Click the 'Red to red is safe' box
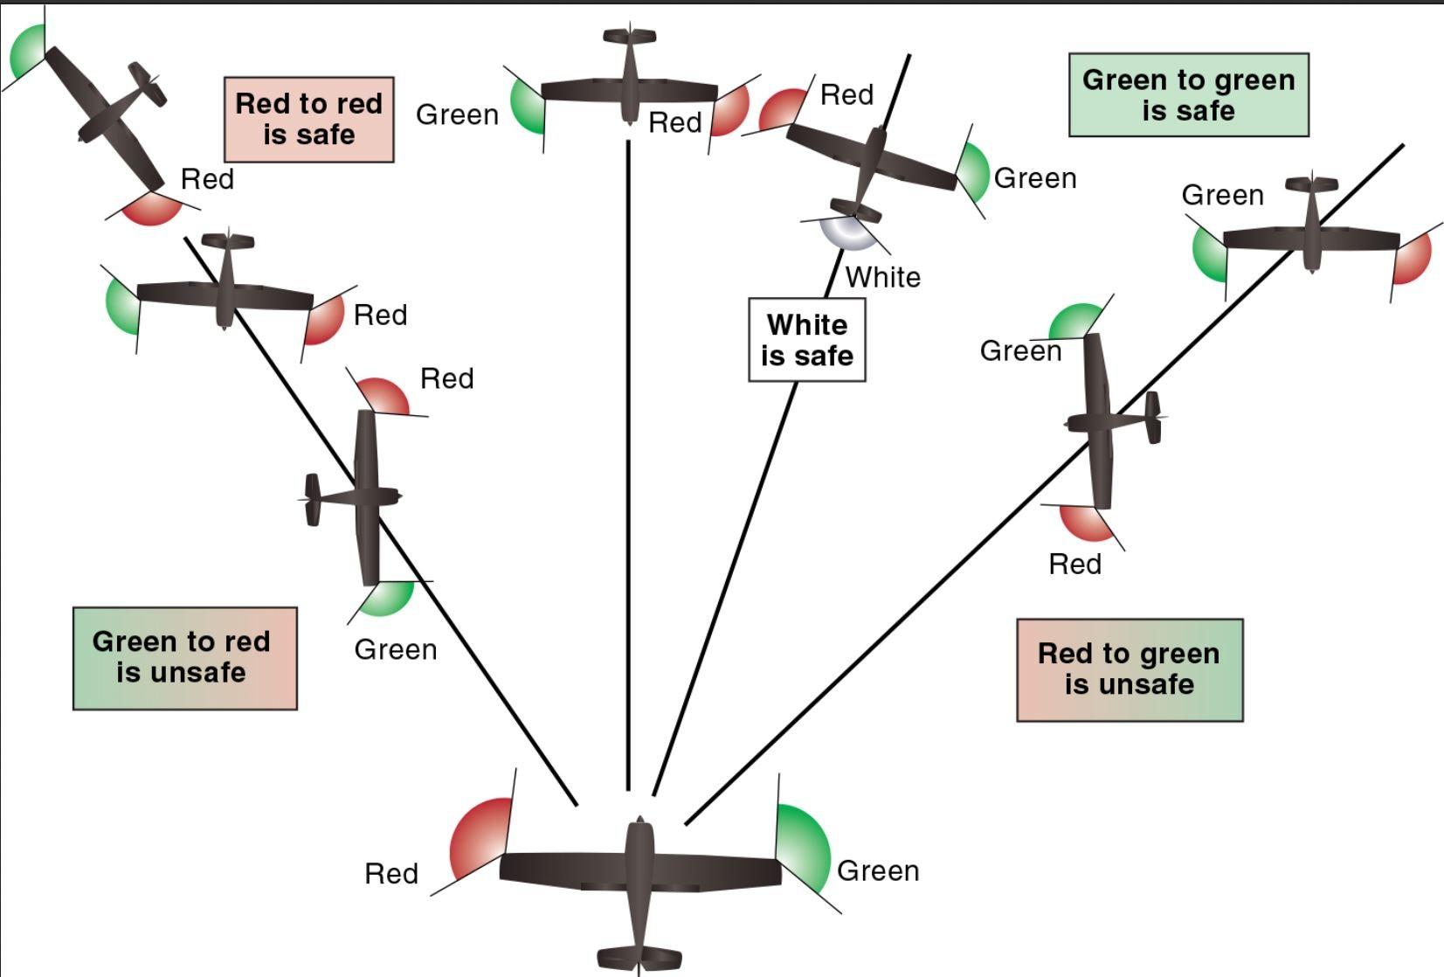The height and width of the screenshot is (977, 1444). pos(309,120)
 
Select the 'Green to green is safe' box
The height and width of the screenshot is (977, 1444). pos(1188,95)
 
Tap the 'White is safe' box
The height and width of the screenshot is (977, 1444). pos(807,340)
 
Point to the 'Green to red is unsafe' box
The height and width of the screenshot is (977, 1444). pos(185,658)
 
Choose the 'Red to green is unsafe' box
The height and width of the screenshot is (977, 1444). pos(1130,670)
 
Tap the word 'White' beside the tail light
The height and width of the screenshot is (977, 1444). pos(883,277)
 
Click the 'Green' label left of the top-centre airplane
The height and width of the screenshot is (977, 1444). pos(457,114)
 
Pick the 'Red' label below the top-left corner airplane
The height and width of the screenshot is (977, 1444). pos(207,179)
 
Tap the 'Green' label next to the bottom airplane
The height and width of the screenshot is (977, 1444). pos(878,870)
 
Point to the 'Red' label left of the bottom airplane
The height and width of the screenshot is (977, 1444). pos(391,873)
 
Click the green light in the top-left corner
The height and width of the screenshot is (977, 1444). pos(27,52)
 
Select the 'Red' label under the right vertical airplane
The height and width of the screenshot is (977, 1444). pos(1074,564)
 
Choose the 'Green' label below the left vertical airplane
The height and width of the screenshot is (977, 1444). pos(396,649)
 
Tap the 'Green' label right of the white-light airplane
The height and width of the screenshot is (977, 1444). pos(1035,178)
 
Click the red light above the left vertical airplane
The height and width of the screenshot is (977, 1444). pos(384,394)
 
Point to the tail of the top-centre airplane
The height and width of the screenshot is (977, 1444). pos(629,37)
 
